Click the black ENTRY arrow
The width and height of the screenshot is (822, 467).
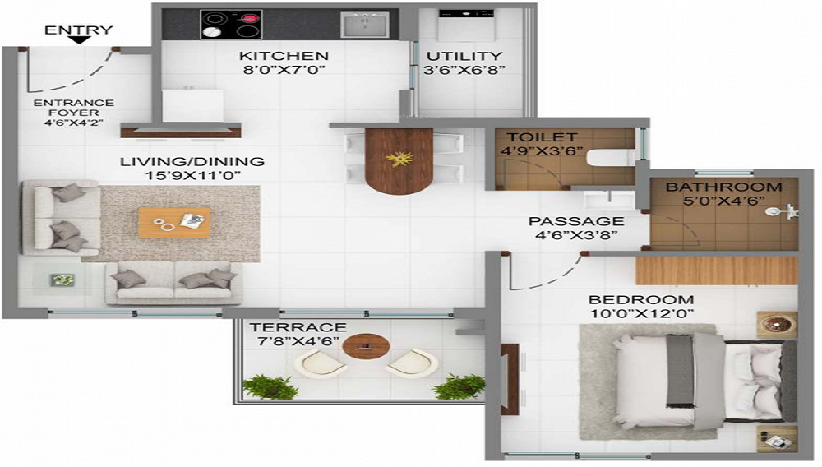80,39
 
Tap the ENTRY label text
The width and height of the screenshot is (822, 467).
78,30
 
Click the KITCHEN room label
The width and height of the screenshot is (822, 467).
284,56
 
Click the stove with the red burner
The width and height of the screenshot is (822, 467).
231,24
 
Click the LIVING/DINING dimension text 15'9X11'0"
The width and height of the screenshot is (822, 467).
192,175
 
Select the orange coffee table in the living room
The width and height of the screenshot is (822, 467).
174,222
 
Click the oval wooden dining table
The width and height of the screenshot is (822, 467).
399,160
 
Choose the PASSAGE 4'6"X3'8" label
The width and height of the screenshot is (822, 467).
575,228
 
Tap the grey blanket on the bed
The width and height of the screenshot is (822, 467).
680,370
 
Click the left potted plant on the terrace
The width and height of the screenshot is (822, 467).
270,386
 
